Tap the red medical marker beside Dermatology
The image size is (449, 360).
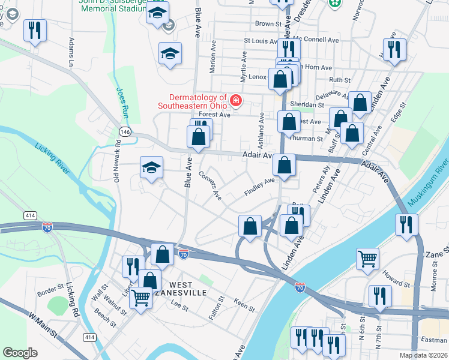coord(235,100)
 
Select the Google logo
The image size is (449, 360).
coord(20,352)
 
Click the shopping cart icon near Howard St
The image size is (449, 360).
coord(367,259)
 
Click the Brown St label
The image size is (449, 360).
coord(268,24)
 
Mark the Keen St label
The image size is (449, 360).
coord(244,304)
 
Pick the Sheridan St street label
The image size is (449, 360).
coord(303,104)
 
